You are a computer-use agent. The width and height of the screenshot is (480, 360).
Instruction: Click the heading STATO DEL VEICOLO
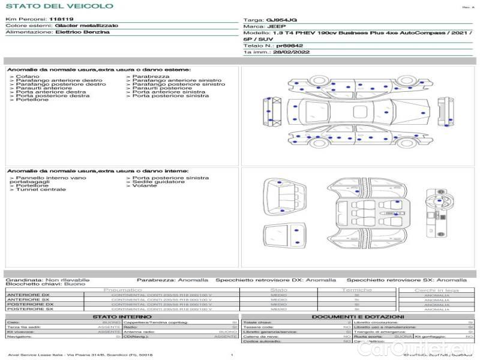pos(59,6)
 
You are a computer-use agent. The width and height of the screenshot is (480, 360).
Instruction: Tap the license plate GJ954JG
pos(281,20)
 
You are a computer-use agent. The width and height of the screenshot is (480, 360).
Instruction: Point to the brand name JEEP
pos(274,27)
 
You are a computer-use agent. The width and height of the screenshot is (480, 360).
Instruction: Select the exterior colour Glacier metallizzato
pos(86,26)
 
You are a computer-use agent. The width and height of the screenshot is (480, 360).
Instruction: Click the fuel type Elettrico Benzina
pos(82,32)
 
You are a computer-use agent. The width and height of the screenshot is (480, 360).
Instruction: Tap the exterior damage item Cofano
pos(28,77)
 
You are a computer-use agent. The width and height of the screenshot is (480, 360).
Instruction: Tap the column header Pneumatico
pos(122,290)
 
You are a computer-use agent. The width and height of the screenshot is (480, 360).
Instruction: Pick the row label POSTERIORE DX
pos(30,304)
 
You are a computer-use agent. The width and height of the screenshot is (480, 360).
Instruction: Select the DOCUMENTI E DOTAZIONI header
pos(358,317)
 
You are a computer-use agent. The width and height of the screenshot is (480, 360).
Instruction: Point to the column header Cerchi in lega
pos(436,290)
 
